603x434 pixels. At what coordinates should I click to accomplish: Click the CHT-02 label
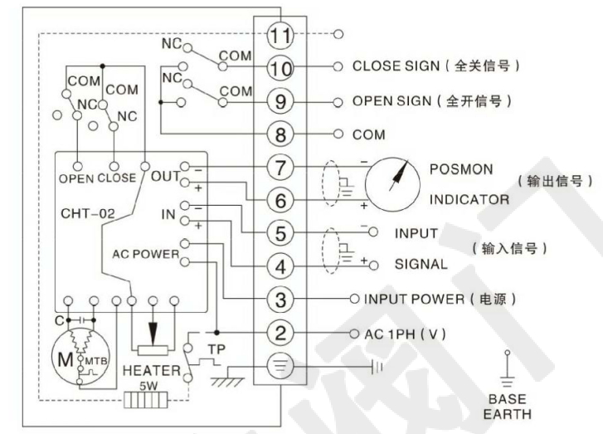[87, 213]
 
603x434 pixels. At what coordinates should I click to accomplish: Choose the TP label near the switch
[216, 348]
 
